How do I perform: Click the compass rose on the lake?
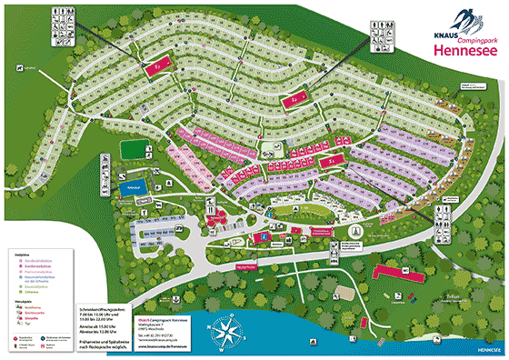[228, 331]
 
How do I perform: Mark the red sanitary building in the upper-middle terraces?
[295, 100]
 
